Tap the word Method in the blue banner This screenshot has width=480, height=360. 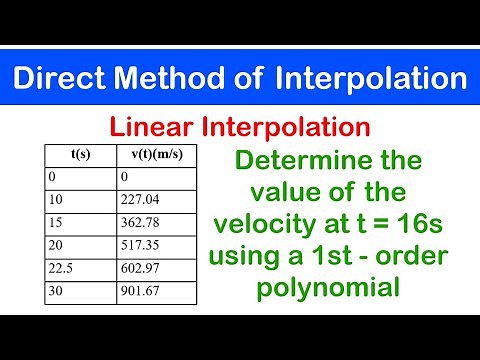(x=185, y=77)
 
